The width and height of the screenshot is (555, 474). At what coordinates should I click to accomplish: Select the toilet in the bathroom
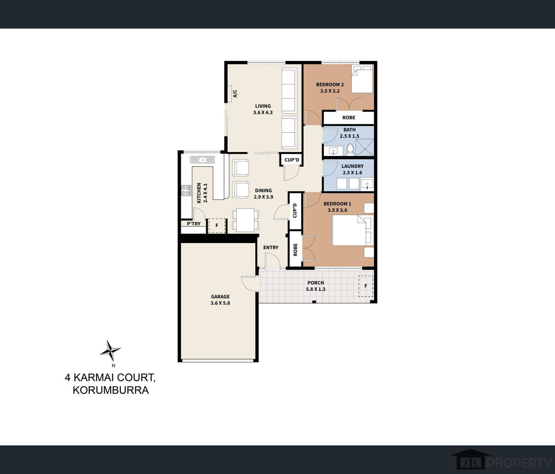click(x=350, y=149)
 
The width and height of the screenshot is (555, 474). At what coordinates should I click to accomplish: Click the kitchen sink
click(x=202, y=160)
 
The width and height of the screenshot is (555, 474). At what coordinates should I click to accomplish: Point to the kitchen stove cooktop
click(x=186, y=190)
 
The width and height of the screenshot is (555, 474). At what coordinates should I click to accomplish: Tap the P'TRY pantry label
click(x=194, y=224)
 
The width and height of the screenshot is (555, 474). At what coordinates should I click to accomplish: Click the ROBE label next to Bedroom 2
click(x=349, y=117)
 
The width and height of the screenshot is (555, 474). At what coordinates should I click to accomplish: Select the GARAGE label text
click(x=220, y=297)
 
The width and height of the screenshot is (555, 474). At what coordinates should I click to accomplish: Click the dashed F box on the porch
click(x=366, y=286)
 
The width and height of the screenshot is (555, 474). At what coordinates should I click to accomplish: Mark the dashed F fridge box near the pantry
click(x=217, y=225)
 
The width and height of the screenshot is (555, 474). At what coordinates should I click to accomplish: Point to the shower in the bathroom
click(x=365, y=148)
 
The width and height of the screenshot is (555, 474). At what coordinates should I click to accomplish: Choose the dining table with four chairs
click(x=246, y=220)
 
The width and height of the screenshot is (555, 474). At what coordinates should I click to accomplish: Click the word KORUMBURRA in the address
click(x=111, y=390)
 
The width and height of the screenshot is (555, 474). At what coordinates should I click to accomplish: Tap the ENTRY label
click(x=271, y=248)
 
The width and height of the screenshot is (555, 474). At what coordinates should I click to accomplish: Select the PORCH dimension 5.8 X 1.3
click(x=316, y=289)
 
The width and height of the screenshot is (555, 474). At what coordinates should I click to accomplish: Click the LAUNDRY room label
click(x=352, y=166)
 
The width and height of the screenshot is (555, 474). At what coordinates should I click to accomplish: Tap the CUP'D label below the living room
click(x=292, y=160)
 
